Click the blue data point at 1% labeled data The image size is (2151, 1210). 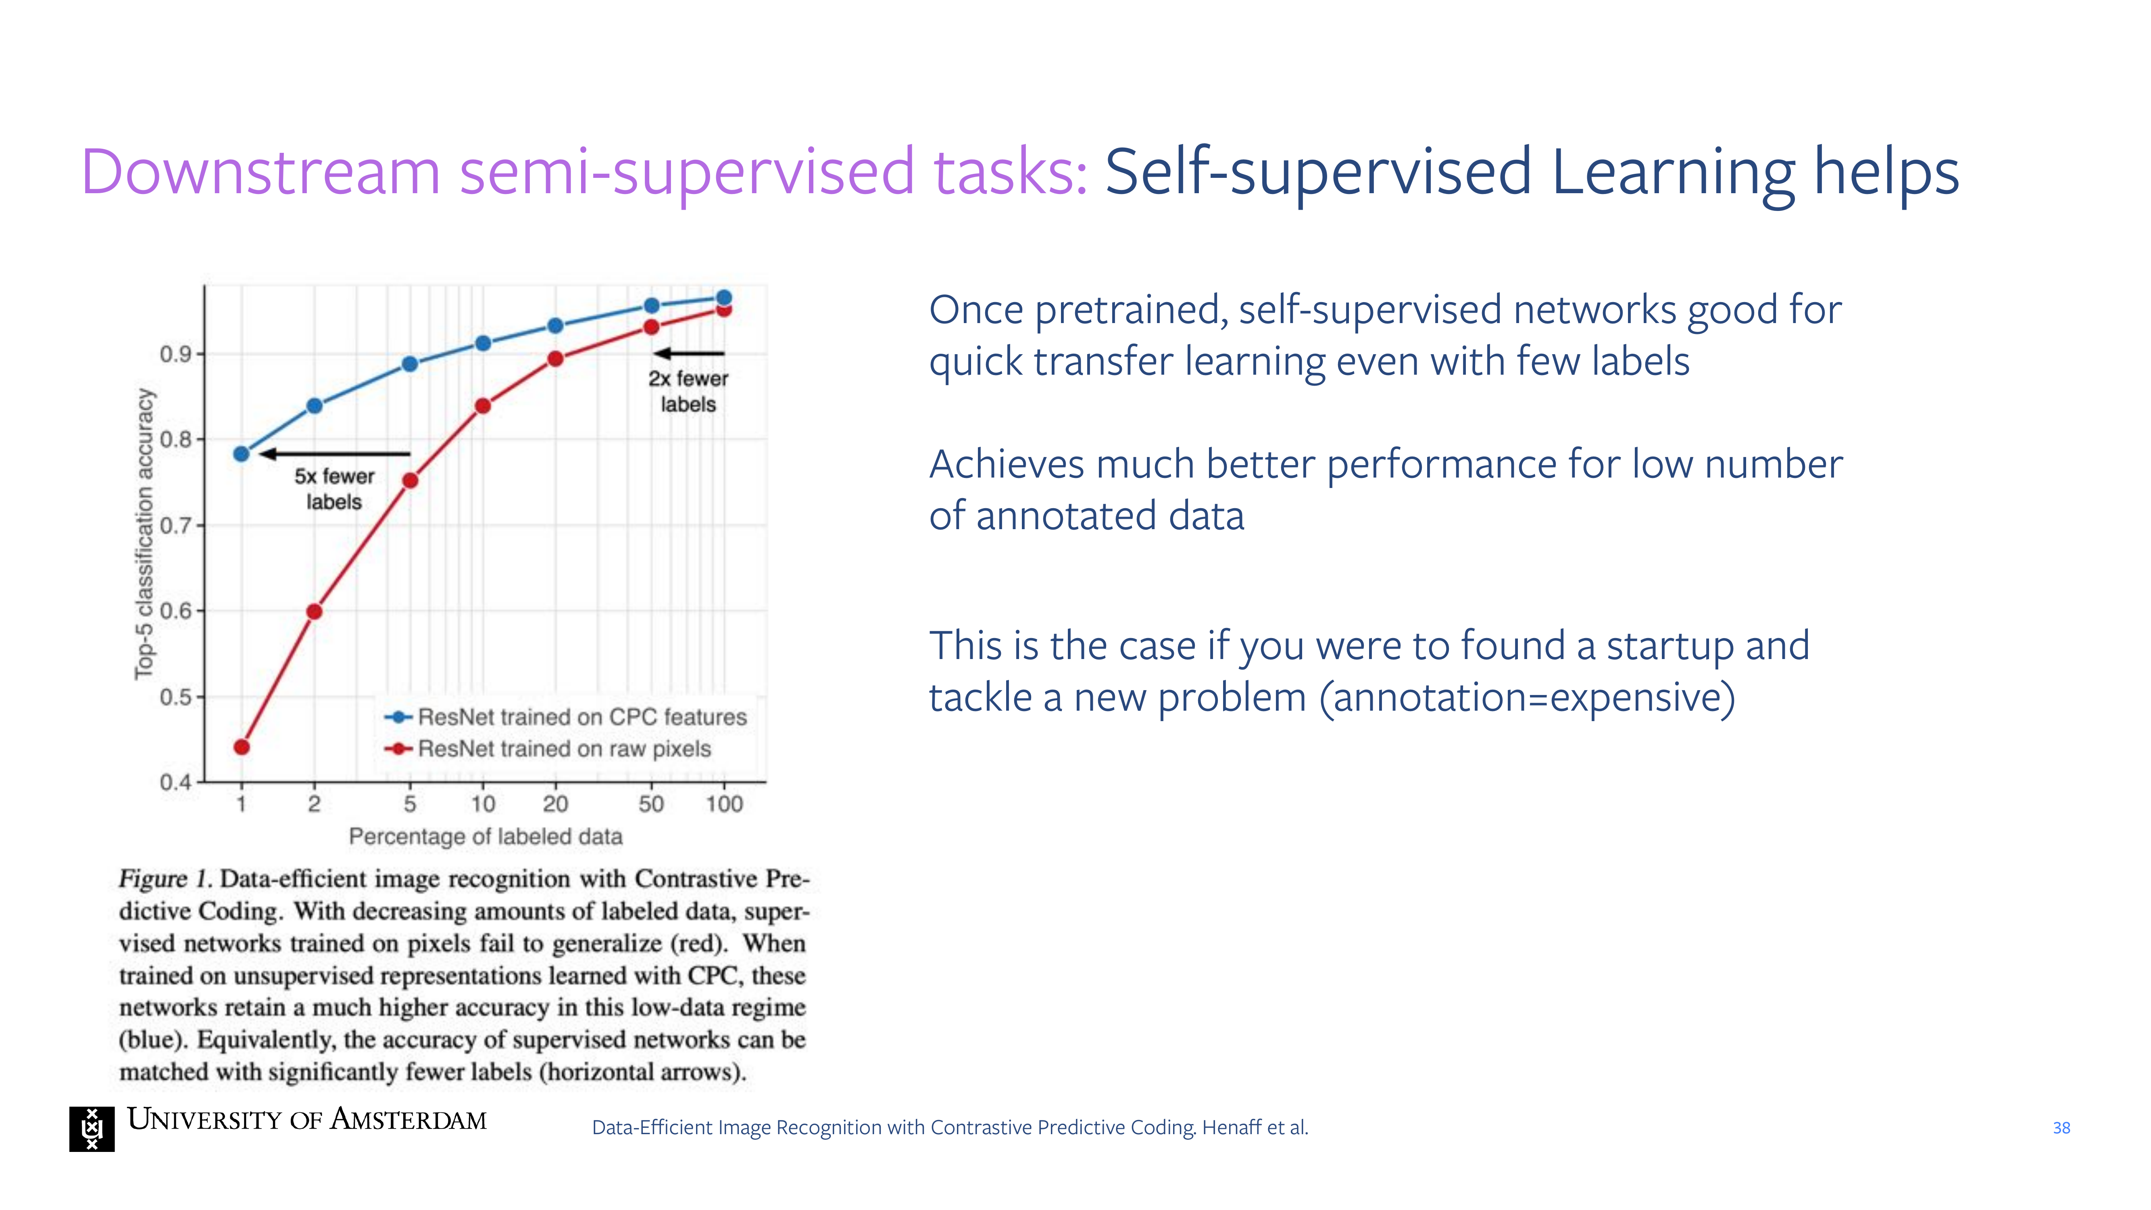(x=241, y=453)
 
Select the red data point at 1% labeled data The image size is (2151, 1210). (x=241, y=747)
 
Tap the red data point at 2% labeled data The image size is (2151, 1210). (x=314, y=611)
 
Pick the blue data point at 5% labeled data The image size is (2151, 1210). (x=410, y=364)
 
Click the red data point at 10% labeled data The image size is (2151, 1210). (x=483, y=406)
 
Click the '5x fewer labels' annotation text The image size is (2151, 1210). (x=334, y=488)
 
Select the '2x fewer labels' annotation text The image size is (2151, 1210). (x=688, y=391)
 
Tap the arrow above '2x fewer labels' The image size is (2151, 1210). (x=689, y=353)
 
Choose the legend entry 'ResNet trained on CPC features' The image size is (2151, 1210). (x=565, y=716)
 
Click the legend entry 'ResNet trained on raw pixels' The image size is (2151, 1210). (x=548, y=748)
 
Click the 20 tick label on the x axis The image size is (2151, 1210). (x=555, y=803)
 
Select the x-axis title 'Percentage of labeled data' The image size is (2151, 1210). (x=485, y=836)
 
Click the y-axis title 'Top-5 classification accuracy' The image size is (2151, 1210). (x=144, y=534)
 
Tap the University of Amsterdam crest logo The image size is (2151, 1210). (x=92, y=1129)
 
